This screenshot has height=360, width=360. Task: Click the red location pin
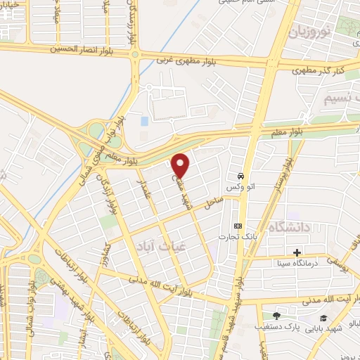coord(181,165)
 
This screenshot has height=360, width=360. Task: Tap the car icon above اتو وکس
coord(240,176)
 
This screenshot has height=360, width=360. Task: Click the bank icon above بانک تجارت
coord(238,225)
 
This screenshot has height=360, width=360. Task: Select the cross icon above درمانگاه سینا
coord(297,252)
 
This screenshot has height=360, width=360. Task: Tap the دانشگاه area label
coord(289,227)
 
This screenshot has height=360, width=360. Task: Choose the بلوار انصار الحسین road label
coord(83,50)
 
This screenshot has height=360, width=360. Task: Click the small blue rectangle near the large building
coord(144,121)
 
